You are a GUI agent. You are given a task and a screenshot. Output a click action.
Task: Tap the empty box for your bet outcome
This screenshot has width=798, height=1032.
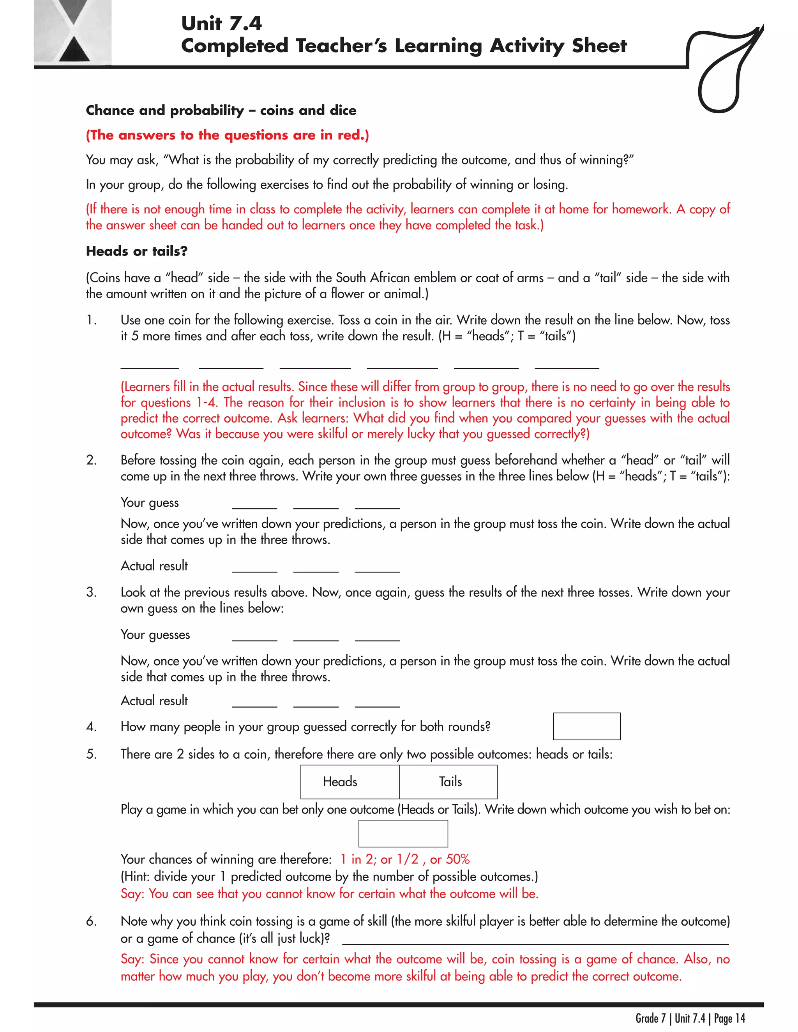pyautogui.click(x=403, y=833)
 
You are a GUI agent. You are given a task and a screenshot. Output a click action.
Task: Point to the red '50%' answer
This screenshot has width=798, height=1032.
pyautogui.click(x=457, y=859)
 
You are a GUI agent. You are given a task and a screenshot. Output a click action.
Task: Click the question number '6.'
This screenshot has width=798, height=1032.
pyautogui.click(x=91, y=921)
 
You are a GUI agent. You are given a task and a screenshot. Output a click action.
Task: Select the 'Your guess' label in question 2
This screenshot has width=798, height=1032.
pyautogui.click(x=149, y=503)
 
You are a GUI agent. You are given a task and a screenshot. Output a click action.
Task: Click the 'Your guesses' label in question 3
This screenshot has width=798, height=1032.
pyautogui.click(x=155, y=635)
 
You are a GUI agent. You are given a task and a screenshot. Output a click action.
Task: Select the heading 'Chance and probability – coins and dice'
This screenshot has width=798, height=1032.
pyautogui.click(x=221, y=111)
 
